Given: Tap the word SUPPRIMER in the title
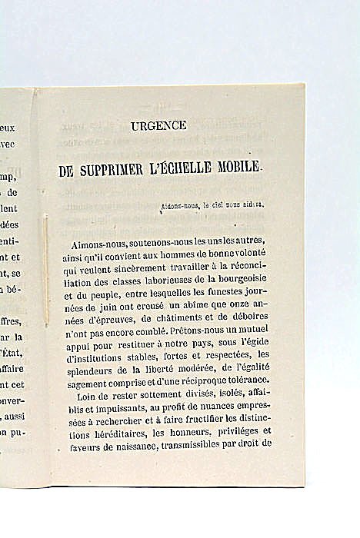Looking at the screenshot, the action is pos(127,169).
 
